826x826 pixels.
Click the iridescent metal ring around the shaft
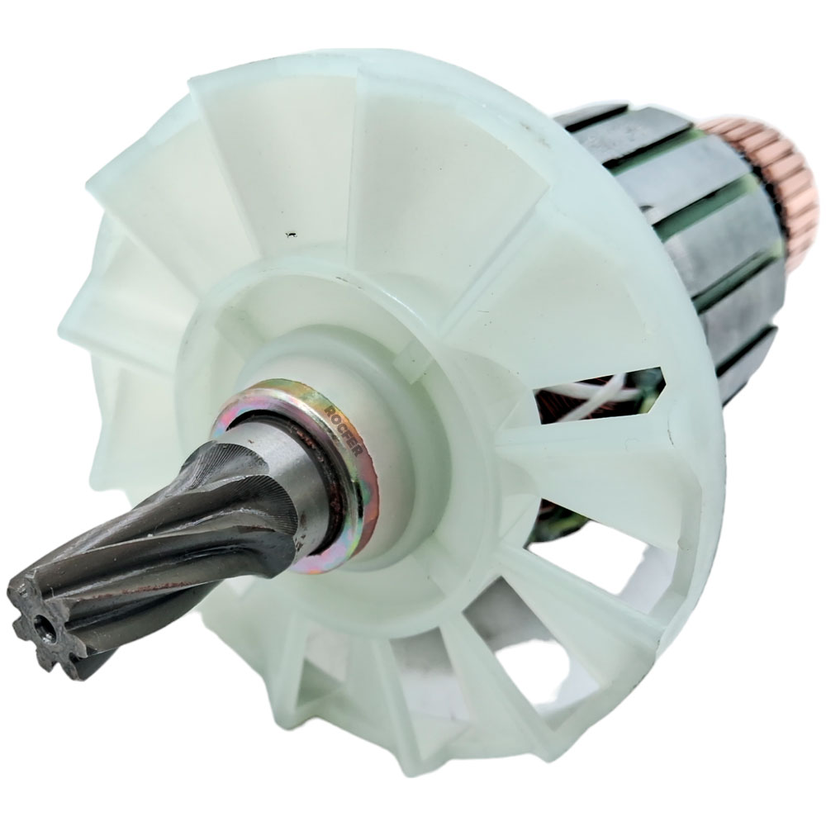click(330, 479)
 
